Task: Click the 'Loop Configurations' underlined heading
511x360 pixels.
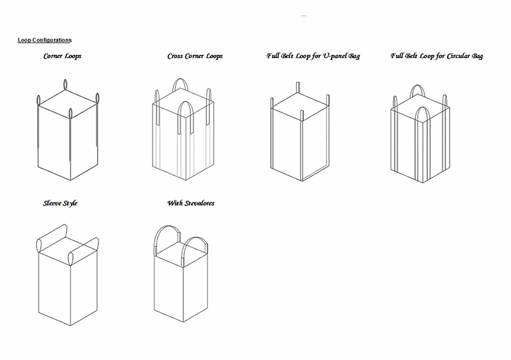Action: pyautogui.click(x=45, y=40)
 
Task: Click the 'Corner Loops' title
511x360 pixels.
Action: pyautogui.click(x=62, y=56)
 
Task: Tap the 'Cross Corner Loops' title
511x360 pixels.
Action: pyautogui.click(x=195, y=56)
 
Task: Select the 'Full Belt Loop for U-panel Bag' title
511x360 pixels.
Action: pyautogui.click(x=313, y=56)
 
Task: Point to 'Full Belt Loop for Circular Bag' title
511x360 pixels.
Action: pyautogui.click(x=437, y=56)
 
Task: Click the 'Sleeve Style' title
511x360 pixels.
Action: pyautogui.click(x=60, y=203)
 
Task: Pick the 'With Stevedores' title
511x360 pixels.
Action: pyautogui.click(x=190, y=203)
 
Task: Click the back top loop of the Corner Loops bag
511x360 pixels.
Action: pyautogui.click(x=65, y=84)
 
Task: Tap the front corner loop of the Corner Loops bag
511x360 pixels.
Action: pyautogui.click(x=70, y=114)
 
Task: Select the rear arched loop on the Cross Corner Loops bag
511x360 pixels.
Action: pyautogui.click(x=181, y=79)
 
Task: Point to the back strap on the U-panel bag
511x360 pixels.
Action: pyautogui.click(x=298, y=87)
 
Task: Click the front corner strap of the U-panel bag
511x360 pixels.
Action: pyautogui.click(x=301, y=116)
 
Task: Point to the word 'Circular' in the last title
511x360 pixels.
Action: pyautogui.click(x=459, y=56)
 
